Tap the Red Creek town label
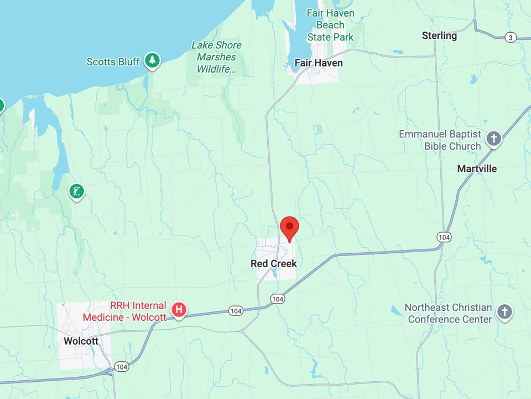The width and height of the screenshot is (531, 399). click(x=274, y=264)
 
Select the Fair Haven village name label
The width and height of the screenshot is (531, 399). click(x=318, y=63)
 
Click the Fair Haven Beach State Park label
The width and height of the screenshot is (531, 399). click(x=330, y=25)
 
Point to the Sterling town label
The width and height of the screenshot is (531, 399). click(x=439, y=35)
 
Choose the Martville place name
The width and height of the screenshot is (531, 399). click(x=477, y=168)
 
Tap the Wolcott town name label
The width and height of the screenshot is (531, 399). click(x=81, y=341)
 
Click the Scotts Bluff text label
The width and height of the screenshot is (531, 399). click(x=113, y=62)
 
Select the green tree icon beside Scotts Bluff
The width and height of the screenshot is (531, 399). click(x=152, y=60)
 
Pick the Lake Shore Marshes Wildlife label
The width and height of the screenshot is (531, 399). click(x=216, y=57)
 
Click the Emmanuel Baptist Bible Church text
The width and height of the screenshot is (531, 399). click(x=440, y=140)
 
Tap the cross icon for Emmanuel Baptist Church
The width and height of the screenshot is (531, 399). click(x=493, y=139)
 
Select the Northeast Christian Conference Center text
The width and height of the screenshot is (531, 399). click(x=448, y=313)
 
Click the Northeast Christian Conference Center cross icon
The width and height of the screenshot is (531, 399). click(x=504, y=312)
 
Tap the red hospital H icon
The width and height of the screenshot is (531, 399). click(x=179, y=310)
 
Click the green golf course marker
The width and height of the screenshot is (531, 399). click(x=76, y=192)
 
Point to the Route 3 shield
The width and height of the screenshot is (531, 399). click(x=511, y=37)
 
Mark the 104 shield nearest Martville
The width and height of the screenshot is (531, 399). click(x=444, y=237)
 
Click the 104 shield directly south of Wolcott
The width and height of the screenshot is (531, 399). click(x=122, y=366)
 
